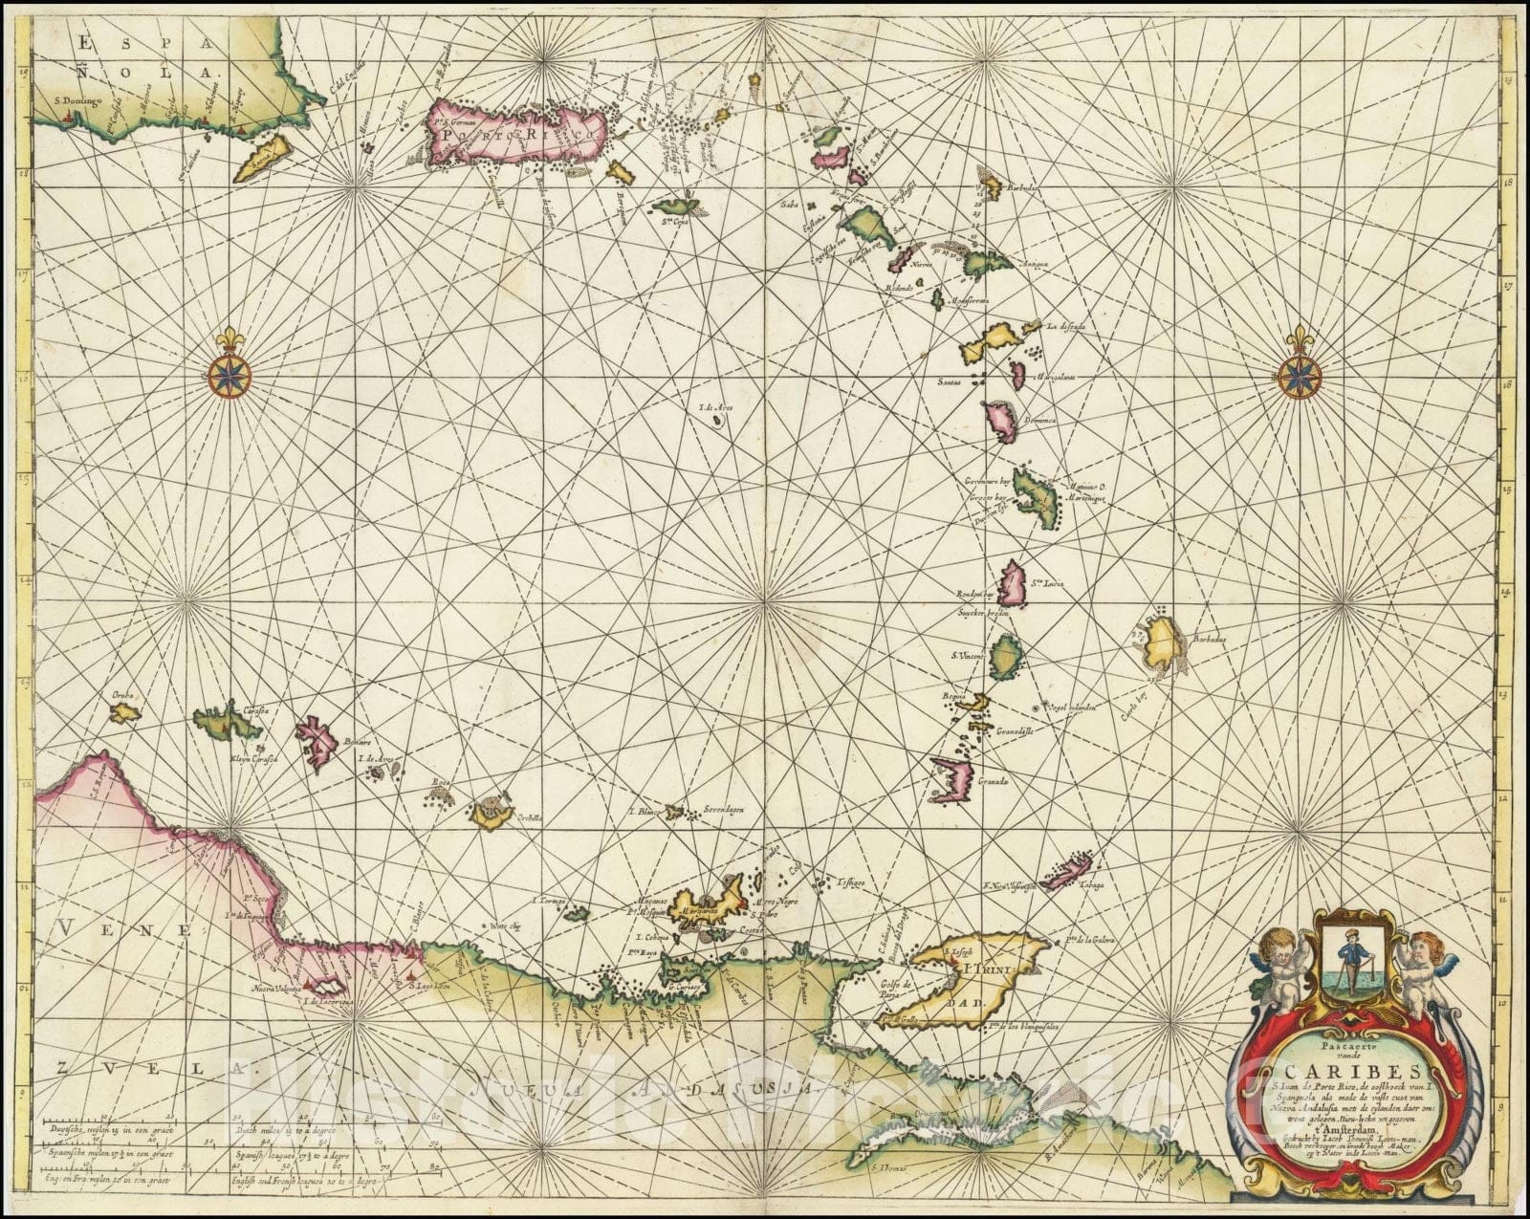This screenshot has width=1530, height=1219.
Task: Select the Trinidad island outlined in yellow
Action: pyautogui.click(x=966, y=980)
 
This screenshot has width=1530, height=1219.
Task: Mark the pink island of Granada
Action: pyautogui.click(x=953, y=778)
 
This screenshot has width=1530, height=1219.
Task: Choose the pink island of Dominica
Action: pyautogui.click(x=1002, y=420)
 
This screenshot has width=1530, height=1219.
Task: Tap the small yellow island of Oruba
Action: pyautogui.click(x=124, y=712)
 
